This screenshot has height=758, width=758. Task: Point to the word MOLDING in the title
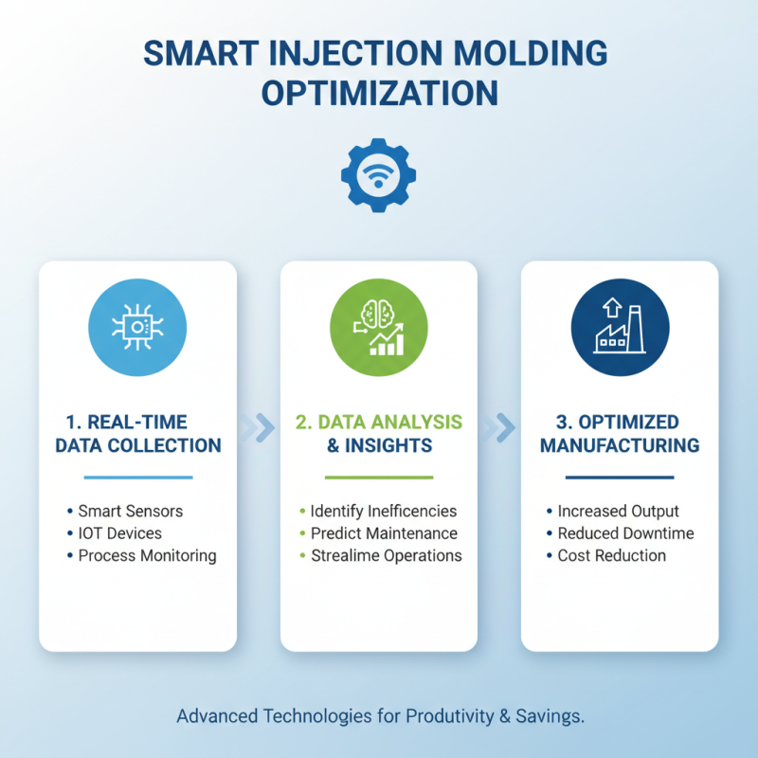click(x=530, y=53)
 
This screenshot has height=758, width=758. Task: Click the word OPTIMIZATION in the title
click(x=379, y=94)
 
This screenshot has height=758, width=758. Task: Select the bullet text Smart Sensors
click(x=131, y=511)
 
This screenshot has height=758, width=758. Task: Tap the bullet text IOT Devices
click(x=120, y=533)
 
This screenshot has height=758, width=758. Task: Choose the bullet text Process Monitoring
click(x=148, y=555)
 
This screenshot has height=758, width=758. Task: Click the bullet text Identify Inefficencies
click(x=384, y=511)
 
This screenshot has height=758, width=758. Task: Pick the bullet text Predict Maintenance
click(x=384, y=533)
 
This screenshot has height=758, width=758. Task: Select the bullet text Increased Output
click(x=619, y=511)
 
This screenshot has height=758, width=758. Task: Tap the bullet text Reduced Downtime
click(x=625, y=533)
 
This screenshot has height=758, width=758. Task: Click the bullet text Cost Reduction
click(x=611, y=555)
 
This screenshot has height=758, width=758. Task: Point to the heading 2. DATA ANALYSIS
click(x=379, y=422)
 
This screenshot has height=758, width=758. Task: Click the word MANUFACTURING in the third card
click(x=620, y=444)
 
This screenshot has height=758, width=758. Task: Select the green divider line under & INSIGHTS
click(x=379, y=477)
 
